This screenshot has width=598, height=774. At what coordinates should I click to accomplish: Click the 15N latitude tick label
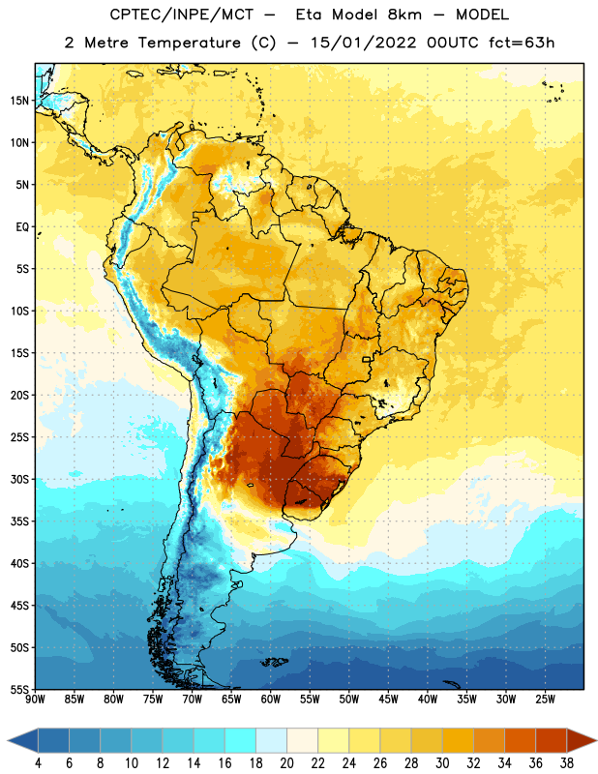tap(19, 101)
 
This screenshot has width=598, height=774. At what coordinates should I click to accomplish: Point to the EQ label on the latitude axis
tap(22, 227)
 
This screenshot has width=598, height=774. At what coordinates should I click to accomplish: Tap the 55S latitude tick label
tap(19, 689)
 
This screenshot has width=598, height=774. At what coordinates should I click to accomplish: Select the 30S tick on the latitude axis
tap(19, 479)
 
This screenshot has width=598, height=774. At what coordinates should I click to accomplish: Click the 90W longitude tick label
tap(35, 699)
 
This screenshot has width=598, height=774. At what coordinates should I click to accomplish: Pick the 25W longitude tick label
tap(545, 699)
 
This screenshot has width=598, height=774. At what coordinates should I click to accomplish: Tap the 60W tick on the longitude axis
tap(271, 699)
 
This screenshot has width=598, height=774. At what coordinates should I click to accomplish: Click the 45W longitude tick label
tap(388, 699)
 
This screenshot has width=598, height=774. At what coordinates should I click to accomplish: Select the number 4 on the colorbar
tap(38, 763)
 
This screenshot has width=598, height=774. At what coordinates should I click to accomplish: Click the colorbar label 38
tap(566, 763)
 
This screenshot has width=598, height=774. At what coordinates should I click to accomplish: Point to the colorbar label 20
tap(286, 763)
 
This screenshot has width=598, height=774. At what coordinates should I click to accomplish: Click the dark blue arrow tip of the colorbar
tap(11, 741)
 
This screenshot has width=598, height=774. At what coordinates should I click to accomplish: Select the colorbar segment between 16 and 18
tap(240, 741)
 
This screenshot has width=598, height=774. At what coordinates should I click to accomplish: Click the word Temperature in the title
tap(189, 43)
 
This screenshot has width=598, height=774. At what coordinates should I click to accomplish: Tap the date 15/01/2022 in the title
tap(364, 43)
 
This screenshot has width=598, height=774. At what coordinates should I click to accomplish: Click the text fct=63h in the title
tap(522, 43)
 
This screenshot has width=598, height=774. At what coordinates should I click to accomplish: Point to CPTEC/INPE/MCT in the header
tap(181, 15)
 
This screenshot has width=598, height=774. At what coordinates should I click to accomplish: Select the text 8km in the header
tap(404, 15)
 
